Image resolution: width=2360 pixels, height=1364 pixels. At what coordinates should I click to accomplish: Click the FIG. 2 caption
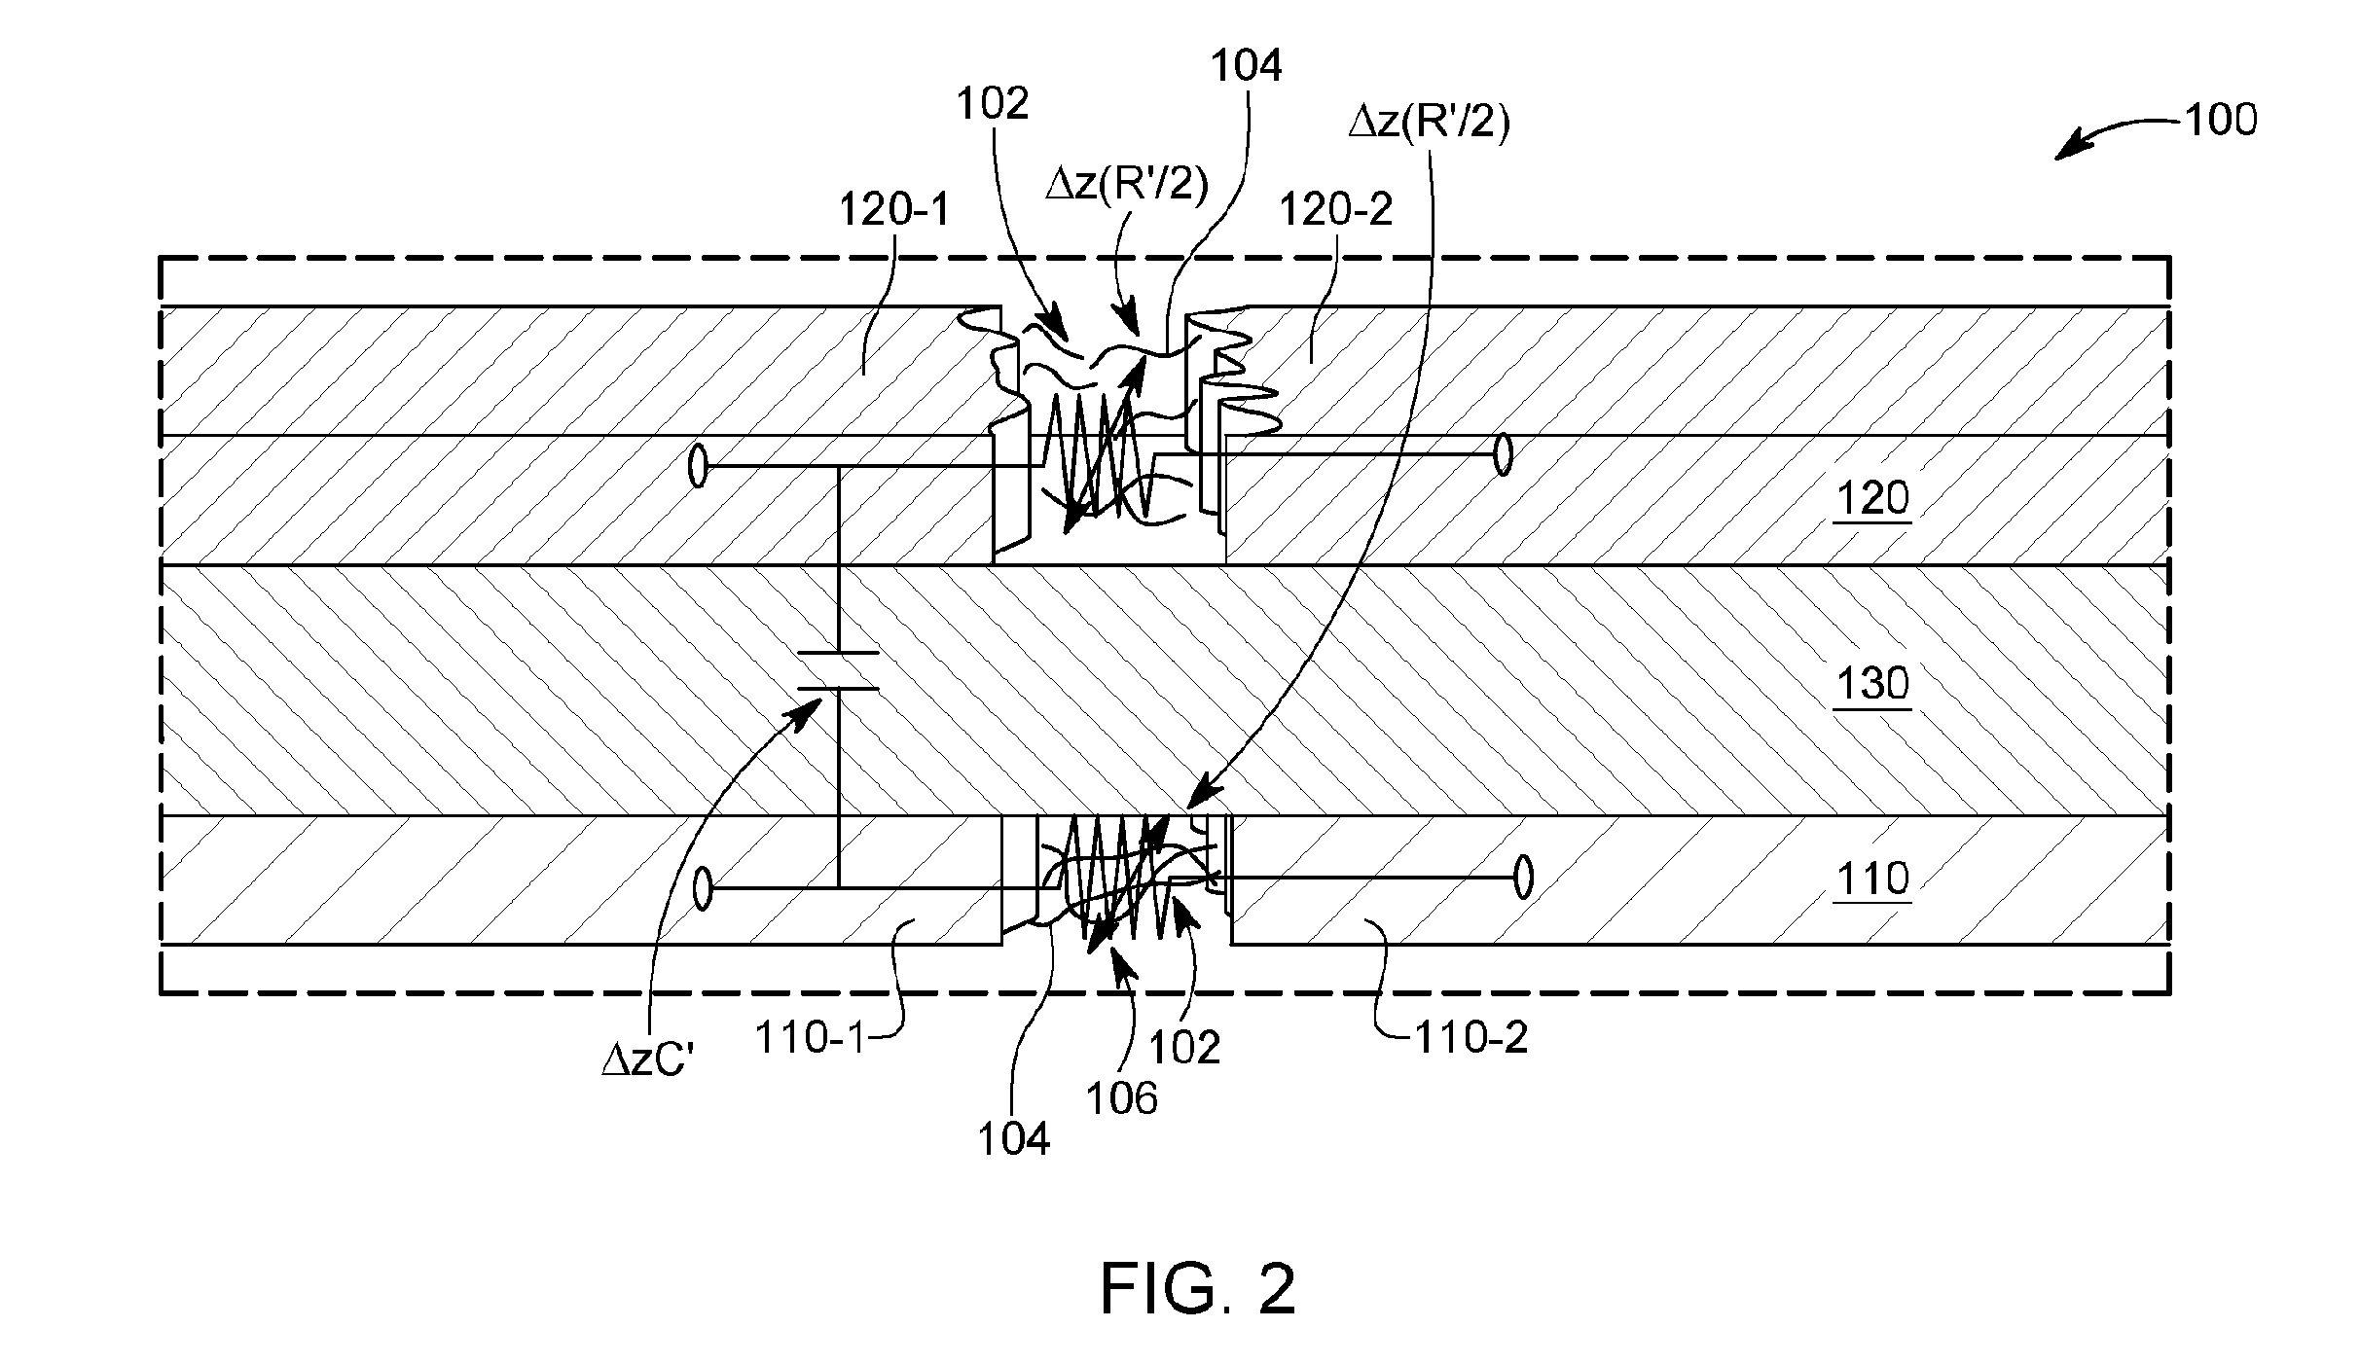(1198, 1290)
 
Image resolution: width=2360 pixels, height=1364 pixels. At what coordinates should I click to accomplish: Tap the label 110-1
(810, 1039)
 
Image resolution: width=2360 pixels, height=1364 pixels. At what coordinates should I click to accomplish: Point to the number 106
(1122, 1098)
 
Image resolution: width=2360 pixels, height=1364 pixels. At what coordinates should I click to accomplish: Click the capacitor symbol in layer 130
(838, 670)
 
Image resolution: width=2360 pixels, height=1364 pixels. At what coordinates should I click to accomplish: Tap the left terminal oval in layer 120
(698, 466)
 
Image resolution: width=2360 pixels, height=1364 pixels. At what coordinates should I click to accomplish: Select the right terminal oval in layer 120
(1504, 454)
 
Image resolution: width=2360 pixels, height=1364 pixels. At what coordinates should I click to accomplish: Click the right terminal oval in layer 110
(1524, 878)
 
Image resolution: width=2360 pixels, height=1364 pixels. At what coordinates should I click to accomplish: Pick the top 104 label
(1247, 66)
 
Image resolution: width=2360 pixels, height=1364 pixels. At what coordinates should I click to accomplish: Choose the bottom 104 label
(1014, 1139)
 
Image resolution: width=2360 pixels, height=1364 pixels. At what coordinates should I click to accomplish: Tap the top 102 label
(993, 103)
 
